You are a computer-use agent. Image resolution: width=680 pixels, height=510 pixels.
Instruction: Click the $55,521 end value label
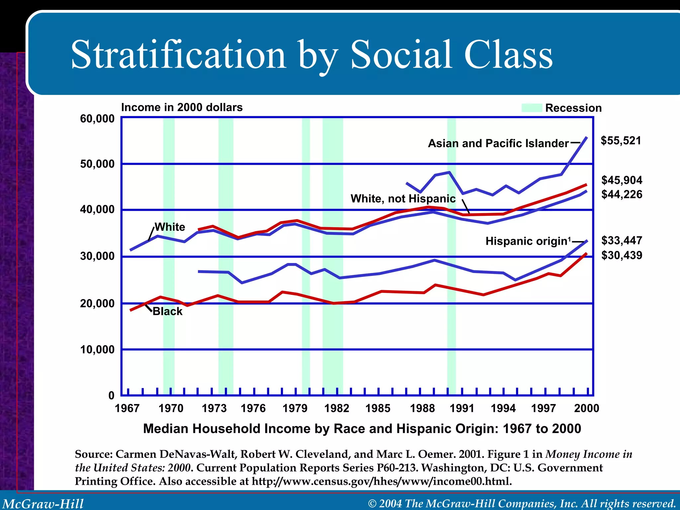click(x=621, y=140)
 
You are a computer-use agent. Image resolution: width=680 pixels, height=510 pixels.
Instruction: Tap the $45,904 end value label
click(x=622, y=180)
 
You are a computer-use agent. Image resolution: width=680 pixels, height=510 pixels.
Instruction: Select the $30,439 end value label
click(x=622, y=255)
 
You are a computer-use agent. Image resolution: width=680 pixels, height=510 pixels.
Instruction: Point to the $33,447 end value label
click(x=622, y=240)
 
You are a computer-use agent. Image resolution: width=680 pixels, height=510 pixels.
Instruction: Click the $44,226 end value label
click(x=622, y=194)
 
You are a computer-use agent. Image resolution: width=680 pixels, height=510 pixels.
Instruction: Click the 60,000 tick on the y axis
click(x=97, y=119)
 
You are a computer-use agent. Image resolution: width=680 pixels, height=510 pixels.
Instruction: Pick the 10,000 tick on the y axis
click(x=97, y=349)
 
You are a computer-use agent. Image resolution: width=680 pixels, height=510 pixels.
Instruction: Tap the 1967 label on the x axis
click(x=127, y=408)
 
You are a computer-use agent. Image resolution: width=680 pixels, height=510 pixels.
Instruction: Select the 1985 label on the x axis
click(x=378, y=408)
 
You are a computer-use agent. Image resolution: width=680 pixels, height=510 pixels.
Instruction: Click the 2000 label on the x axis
click(x=586, y=408)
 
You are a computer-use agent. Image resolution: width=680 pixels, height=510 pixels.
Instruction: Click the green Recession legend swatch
click(x=531, y=108)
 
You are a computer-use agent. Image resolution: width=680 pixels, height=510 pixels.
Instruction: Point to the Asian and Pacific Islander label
click(x=498, y=143)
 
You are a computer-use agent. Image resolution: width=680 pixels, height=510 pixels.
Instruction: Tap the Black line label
click(x=167, y=311)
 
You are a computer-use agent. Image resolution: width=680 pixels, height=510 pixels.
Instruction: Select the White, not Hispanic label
click(x=403, y=199)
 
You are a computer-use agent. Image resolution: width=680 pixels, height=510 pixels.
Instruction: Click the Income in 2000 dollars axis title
click(x=182, y=107)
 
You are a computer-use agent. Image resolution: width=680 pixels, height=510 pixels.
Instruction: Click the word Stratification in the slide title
click(x=178, y=55)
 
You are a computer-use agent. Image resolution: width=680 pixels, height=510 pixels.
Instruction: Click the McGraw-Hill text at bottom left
click(x=43, y=503)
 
